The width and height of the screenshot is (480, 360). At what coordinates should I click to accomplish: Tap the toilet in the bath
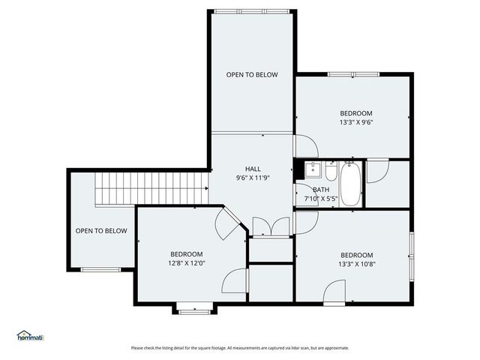click(x=331, y=171)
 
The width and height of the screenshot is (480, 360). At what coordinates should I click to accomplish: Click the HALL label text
click(x=253, y=169)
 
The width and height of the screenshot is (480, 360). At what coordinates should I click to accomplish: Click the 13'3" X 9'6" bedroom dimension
click(x=356, y=123)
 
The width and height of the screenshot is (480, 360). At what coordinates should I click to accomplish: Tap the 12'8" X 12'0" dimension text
click(x=186, y=263)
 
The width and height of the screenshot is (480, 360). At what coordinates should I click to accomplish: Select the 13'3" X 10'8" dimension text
click(x=356, y=264)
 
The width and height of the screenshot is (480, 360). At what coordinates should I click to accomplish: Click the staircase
click(x=151, y=187)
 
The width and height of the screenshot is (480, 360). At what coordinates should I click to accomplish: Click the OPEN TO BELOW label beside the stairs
click(x=101, y=231)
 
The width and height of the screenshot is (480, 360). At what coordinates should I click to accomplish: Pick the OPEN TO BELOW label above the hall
click(x=253, y=75)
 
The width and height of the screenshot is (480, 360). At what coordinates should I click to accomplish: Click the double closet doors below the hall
click(x=270, y=227)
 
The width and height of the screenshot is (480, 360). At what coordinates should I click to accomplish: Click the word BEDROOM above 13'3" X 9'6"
click(x=356, y=113)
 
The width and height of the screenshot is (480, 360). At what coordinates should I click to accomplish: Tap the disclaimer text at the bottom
click(x=240, y=348)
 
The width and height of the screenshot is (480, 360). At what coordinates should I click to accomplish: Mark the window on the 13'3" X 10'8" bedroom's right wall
click(x=411, y=255)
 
